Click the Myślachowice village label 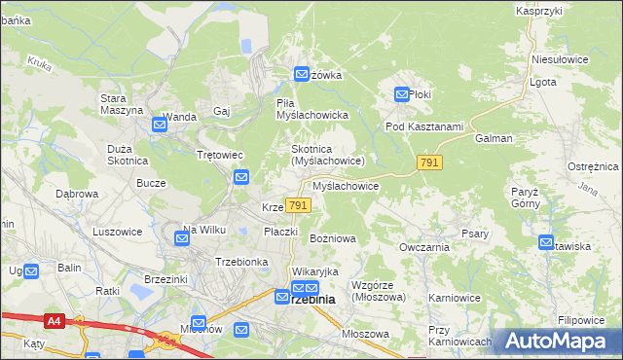tap(346, 185)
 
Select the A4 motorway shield tap(53, 319)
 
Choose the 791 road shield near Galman tap(429, 162)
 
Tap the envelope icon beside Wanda tap(159, 125)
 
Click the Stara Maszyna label tap(121, 103)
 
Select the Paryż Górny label tap(525, 198)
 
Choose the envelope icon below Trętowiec tap(240, 177)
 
